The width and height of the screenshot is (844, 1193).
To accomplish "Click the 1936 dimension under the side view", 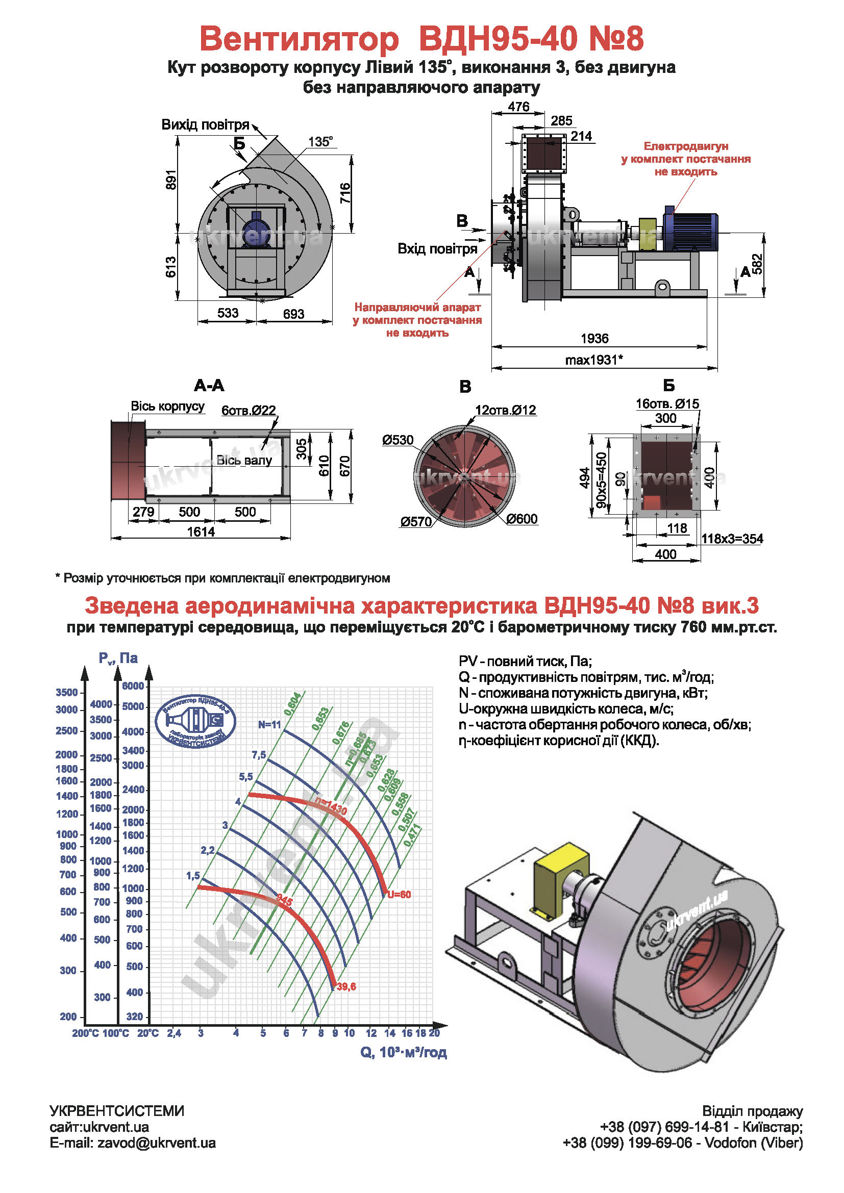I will click(594, 339).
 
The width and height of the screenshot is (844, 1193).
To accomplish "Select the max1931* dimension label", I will click(594, 360).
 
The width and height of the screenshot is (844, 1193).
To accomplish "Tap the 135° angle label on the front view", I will click(320, 142).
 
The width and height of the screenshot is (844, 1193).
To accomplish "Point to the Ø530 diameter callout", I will click(398, 440).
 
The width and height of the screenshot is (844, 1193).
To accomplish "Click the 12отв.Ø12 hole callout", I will click(505, 410).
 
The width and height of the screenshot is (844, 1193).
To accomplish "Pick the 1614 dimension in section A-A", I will click(201, 531).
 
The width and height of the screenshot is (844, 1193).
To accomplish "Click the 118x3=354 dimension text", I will click(732, 538).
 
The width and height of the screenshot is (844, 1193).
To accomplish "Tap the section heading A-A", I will click(209, 386).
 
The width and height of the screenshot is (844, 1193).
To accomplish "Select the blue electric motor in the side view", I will click(690, 231).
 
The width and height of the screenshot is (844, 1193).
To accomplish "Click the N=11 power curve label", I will click(269, 724).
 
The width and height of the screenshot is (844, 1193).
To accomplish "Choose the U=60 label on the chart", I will click(399, 894).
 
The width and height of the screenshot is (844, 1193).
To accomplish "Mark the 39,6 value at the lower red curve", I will click(346, 986).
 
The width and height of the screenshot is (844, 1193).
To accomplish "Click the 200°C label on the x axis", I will click(85, 1033).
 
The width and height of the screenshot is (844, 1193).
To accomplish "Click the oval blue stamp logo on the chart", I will click(195, 721).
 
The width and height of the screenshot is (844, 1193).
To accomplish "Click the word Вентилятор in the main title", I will click(299, 38).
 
